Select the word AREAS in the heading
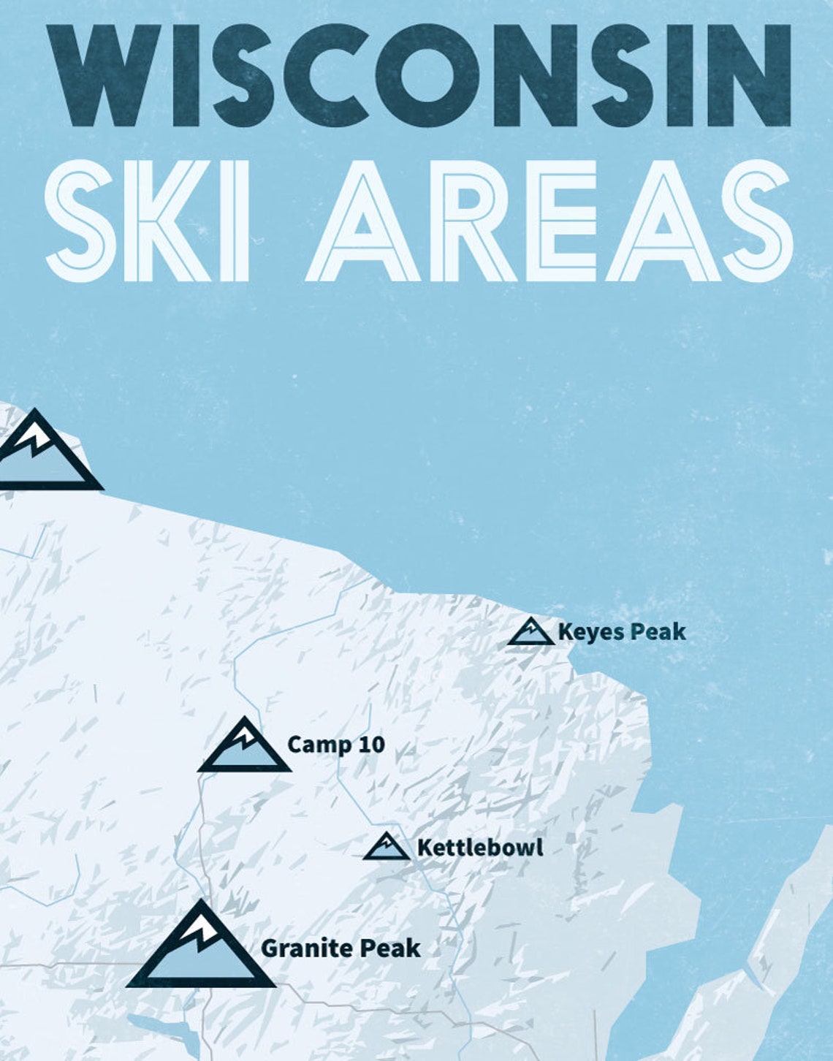548,219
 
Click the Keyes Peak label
622,632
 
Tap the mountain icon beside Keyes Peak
531,633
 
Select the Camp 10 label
336,745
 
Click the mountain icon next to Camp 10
245,748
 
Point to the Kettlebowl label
480,848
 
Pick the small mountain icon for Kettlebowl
387,848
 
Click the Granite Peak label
341,948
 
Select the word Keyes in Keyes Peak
589,632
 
